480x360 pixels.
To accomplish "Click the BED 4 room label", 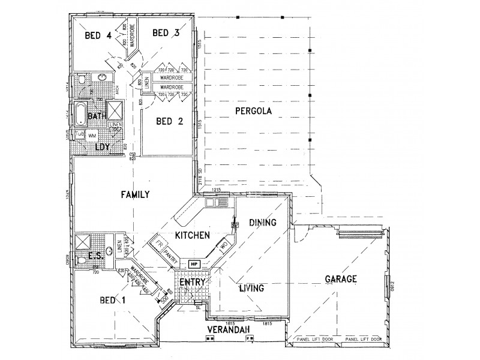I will [x=98, y=35].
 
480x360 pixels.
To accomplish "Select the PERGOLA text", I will [x=254, y=111].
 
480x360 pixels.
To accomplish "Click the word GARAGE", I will [x=341, y=279].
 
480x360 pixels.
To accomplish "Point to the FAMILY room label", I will [x=134, y=194].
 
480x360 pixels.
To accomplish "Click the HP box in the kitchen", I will [x=194, y=264].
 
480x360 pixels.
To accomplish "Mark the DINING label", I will [x=262, y=223].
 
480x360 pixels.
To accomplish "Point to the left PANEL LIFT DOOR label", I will [x=316, y=339].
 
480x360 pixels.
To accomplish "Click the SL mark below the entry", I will [x=199, y=307].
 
